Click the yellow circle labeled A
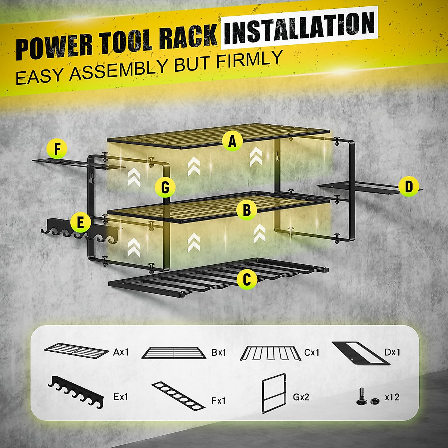pos(232,141)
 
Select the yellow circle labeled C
pos(247,279)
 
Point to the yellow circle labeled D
pos(408,186)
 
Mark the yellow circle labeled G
pos(165,187)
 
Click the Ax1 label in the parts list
pos(121,352)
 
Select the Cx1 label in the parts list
pos(312,352)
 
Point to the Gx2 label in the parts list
pos(301,397)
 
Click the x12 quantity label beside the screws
pos(392,397)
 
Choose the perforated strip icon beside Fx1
pos(178,395)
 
